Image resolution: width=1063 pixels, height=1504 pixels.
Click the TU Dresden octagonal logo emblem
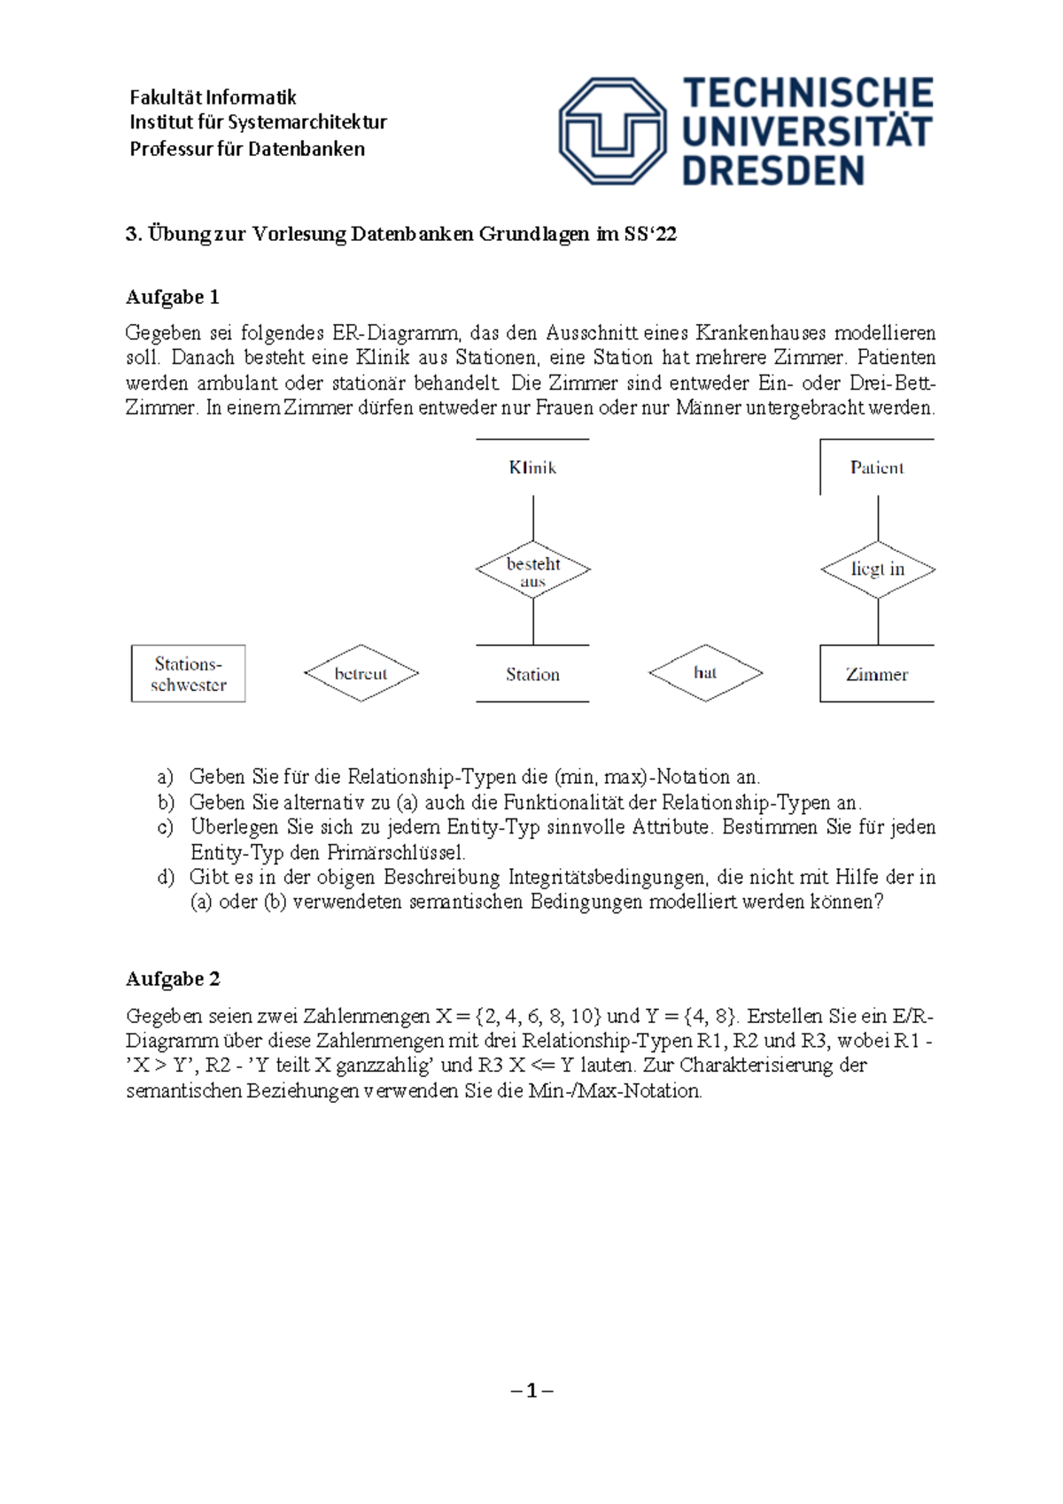click(x=612, y=130)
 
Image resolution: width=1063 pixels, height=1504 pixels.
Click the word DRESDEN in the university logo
click(x=772, y=171)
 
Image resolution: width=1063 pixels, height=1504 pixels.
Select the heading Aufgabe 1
click(x=173, y=297)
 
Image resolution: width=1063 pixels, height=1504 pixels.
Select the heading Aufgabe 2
click(x=173, y=979)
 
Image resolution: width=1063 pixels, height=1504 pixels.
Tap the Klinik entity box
click(x=532, y=467)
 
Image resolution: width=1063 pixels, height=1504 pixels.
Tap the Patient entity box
click(x=877, y=467)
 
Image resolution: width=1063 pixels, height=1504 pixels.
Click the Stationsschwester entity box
click(x=188, y=674)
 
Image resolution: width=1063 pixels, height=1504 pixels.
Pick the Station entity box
click(x=532, y=674)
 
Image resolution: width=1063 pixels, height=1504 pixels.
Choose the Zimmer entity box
click(x=877, y=674)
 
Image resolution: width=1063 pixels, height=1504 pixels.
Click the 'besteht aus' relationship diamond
click(x=533, y=570)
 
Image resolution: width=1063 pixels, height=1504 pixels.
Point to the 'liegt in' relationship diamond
click(x=878, y=570)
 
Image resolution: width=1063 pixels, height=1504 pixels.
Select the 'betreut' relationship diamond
click(x=361, y=673)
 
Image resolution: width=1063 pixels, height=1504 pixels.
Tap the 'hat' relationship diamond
click(x=705, y=673)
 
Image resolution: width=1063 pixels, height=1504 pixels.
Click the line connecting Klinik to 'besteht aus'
click(x=533, y=517)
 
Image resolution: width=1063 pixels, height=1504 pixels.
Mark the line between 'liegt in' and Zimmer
click(x=878, y=622)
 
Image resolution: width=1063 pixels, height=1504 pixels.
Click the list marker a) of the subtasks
click(x=165, y=777)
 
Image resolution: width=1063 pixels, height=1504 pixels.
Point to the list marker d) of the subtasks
click(x=166, y=877)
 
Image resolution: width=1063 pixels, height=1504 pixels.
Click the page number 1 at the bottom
click(x=531, y=1391)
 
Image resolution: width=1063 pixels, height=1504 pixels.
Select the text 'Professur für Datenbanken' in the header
click(x=247, y=149)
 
